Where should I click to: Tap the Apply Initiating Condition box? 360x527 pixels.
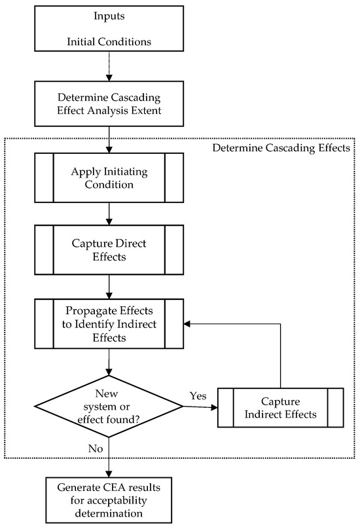[x=108, y=177]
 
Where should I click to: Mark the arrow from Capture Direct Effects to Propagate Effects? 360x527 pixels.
[x=108, y=286]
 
